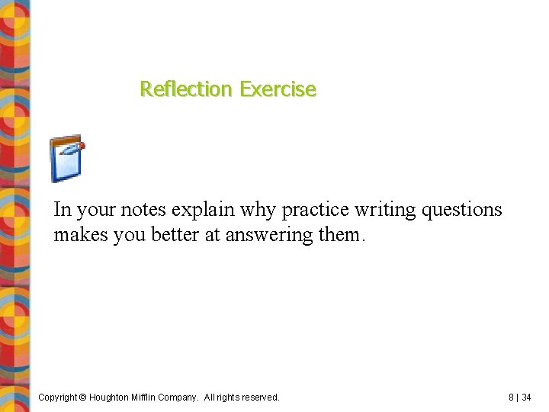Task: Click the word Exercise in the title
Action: (x=277, y=89)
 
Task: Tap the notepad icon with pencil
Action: (x=66, y=159)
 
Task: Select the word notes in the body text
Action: (x=143, y=210)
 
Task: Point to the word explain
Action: (x=201, y=210)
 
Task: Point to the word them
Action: (x=339, y=234)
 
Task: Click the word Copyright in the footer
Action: (x=58, y=398)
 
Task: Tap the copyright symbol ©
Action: (x=84, y=398)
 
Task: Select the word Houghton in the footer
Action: (x=112, y=398)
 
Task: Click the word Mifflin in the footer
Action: (x=152, y=398)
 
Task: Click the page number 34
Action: (x=527, y=398)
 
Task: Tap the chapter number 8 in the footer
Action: (x=511, y=398)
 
